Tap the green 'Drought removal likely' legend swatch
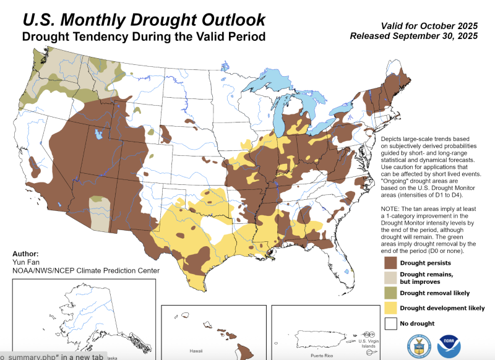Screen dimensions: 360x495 pos(390,293)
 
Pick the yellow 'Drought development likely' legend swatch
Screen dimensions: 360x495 pos(390,307)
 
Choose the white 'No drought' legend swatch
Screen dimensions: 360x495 pos(390,323)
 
